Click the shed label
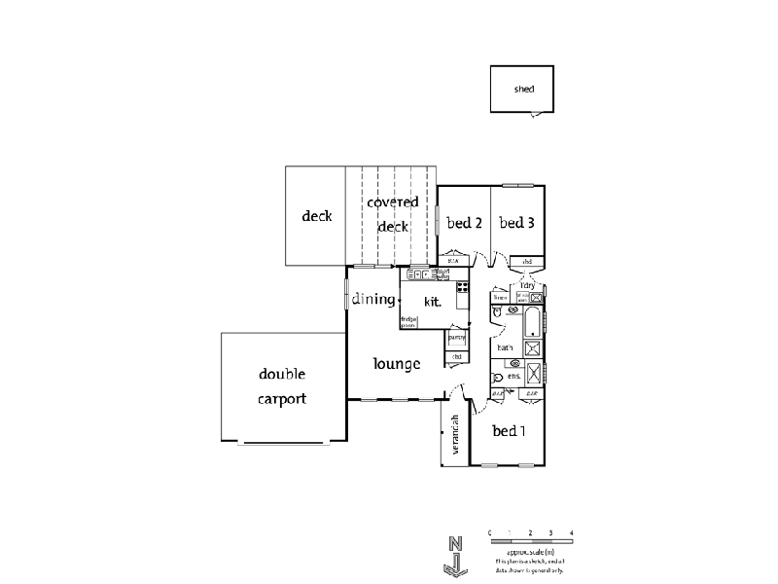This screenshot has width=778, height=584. pyautogui.click(x=524, y=90)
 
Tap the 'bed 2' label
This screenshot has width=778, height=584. pyautogui.click(x=465, y=223)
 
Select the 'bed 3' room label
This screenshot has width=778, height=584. pyautogui.click(x=517, y=223)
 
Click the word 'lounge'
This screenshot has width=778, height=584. pyautogui.click(x=397, y=364)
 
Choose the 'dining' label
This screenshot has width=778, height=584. pyautogui.click(x=373, y=299)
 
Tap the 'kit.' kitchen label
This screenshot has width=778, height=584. pyautogui.click(x=433, y=302)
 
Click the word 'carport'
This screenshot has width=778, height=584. pyautogui.click(x=283, y=398)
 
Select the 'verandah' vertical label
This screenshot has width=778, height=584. pyautogui.click(x=454, y=435)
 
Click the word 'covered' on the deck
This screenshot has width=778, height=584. pyautogui.click(x=393, y=202)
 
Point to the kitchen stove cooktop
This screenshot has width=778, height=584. pyautogui.click(x=463, y=287)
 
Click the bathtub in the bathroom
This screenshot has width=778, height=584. pyautogui.click(x=533, y=320)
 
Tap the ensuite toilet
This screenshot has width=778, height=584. pyautogui.click(x=499, y=377)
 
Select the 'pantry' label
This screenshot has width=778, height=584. pyautogui.click(x=456, y=338)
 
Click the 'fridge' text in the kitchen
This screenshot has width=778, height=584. pyautogui.click(x=407, y=318)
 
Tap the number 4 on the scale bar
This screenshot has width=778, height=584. pyautogui.click(x=571, y=531)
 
